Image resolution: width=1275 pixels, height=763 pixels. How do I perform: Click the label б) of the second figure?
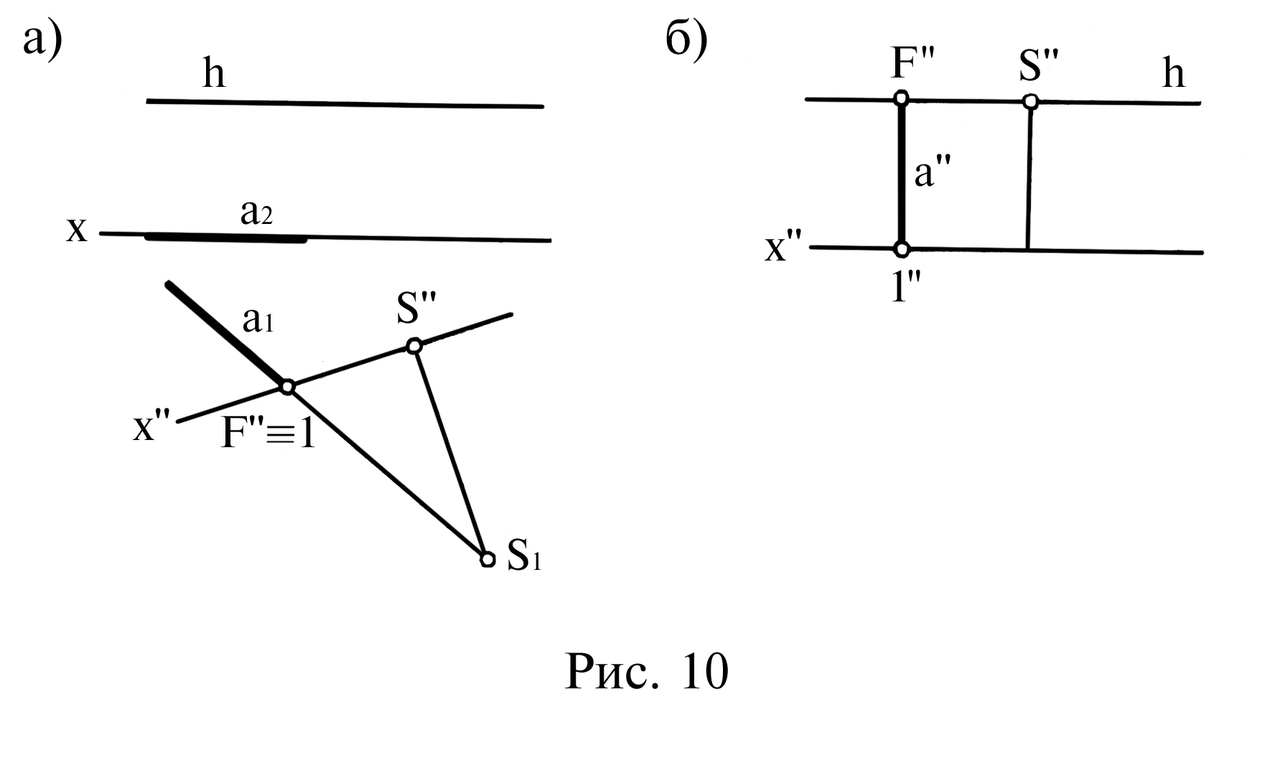pos(686,40)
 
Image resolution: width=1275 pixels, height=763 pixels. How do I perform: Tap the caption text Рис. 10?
pos(646,672)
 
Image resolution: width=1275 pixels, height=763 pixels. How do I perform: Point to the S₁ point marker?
pos(487,559)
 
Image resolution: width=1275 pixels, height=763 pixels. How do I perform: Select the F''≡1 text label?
pos(268,434)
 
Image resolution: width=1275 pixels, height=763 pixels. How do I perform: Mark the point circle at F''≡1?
pos(287,388)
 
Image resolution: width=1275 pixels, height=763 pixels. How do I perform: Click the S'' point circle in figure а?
pos(414,347)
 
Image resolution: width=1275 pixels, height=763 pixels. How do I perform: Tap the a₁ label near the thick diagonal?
pos(258,322)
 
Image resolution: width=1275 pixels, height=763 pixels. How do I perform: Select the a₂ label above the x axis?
pos(256,213)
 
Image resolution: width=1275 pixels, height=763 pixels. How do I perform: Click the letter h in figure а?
pos(214,74)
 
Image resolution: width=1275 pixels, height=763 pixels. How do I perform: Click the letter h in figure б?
pos(1173,74)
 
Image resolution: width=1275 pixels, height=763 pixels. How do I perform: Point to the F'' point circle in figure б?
pos(902,98)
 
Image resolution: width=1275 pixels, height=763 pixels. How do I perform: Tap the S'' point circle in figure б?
pos(1030,101)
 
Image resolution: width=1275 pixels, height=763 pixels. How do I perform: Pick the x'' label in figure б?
pos(784,248)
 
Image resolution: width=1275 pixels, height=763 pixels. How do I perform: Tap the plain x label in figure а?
pos(77,231)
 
